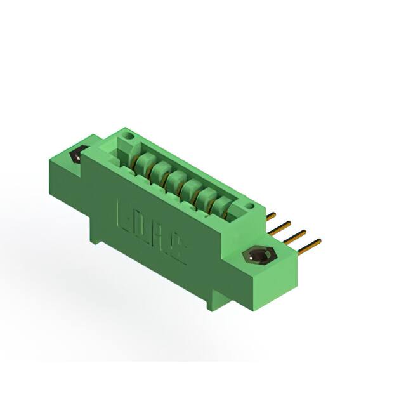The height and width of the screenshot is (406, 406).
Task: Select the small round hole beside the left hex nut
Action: coord(129,136)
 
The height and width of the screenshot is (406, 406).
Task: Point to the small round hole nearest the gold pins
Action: coord(252,206)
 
